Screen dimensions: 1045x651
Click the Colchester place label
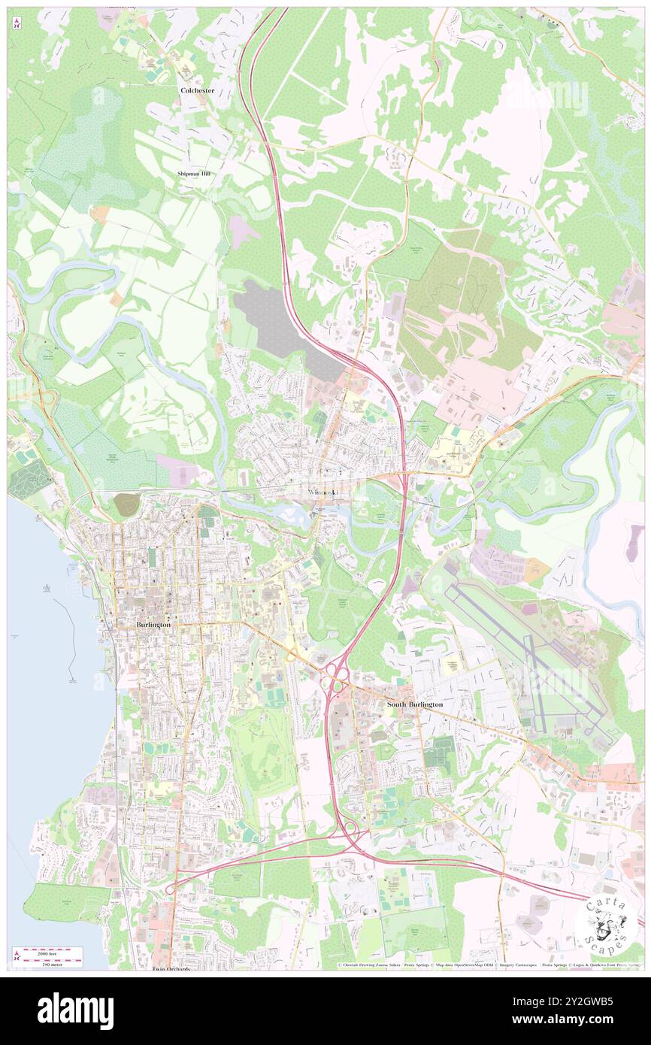click(x=197, y=90)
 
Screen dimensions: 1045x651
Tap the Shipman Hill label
click(x=194, y=174)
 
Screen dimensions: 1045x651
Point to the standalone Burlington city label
click(x=153, y=625)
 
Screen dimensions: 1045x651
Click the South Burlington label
click(x=414, y=704)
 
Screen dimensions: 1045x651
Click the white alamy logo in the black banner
click(x=75, y=1010)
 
